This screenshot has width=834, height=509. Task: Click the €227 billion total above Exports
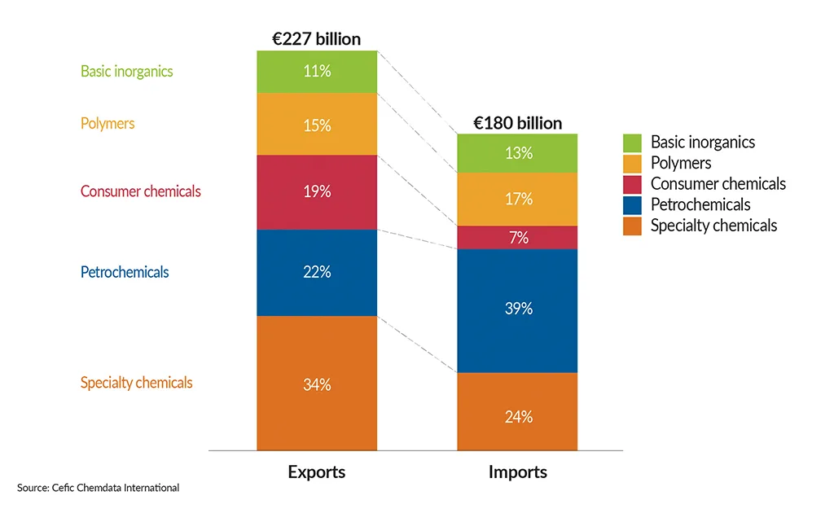317,38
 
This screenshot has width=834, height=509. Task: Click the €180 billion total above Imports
518,123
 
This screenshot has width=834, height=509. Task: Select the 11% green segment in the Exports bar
317,72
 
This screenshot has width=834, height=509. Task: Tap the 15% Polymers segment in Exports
317,125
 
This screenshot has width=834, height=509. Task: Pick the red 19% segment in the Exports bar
317,192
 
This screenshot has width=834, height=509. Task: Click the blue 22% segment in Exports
317,272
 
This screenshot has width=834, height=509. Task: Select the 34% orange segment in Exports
317,384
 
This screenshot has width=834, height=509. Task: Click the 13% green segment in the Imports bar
518,153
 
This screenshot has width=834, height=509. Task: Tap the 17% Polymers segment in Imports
518,199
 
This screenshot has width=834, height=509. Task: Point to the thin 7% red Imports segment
518,238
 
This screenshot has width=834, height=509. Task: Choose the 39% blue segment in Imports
518,309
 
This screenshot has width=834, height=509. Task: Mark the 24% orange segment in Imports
518,416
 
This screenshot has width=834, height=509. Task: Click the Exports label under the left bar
317,472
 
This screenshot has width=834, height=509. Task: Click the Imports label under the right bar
518,472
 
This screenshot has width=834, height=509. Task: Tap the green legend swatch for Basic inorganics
633,143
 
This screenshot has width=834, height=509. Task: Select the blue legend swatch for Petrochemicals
633,205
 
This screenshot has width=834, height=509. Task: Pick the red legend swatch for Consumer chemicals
633,184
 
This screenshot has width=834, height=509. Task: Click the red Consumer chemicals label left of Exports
140,192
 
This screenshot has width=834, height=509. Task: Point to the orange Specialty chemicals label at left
136,383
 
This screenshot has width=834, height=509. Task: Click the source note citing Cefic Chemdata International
98,488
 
